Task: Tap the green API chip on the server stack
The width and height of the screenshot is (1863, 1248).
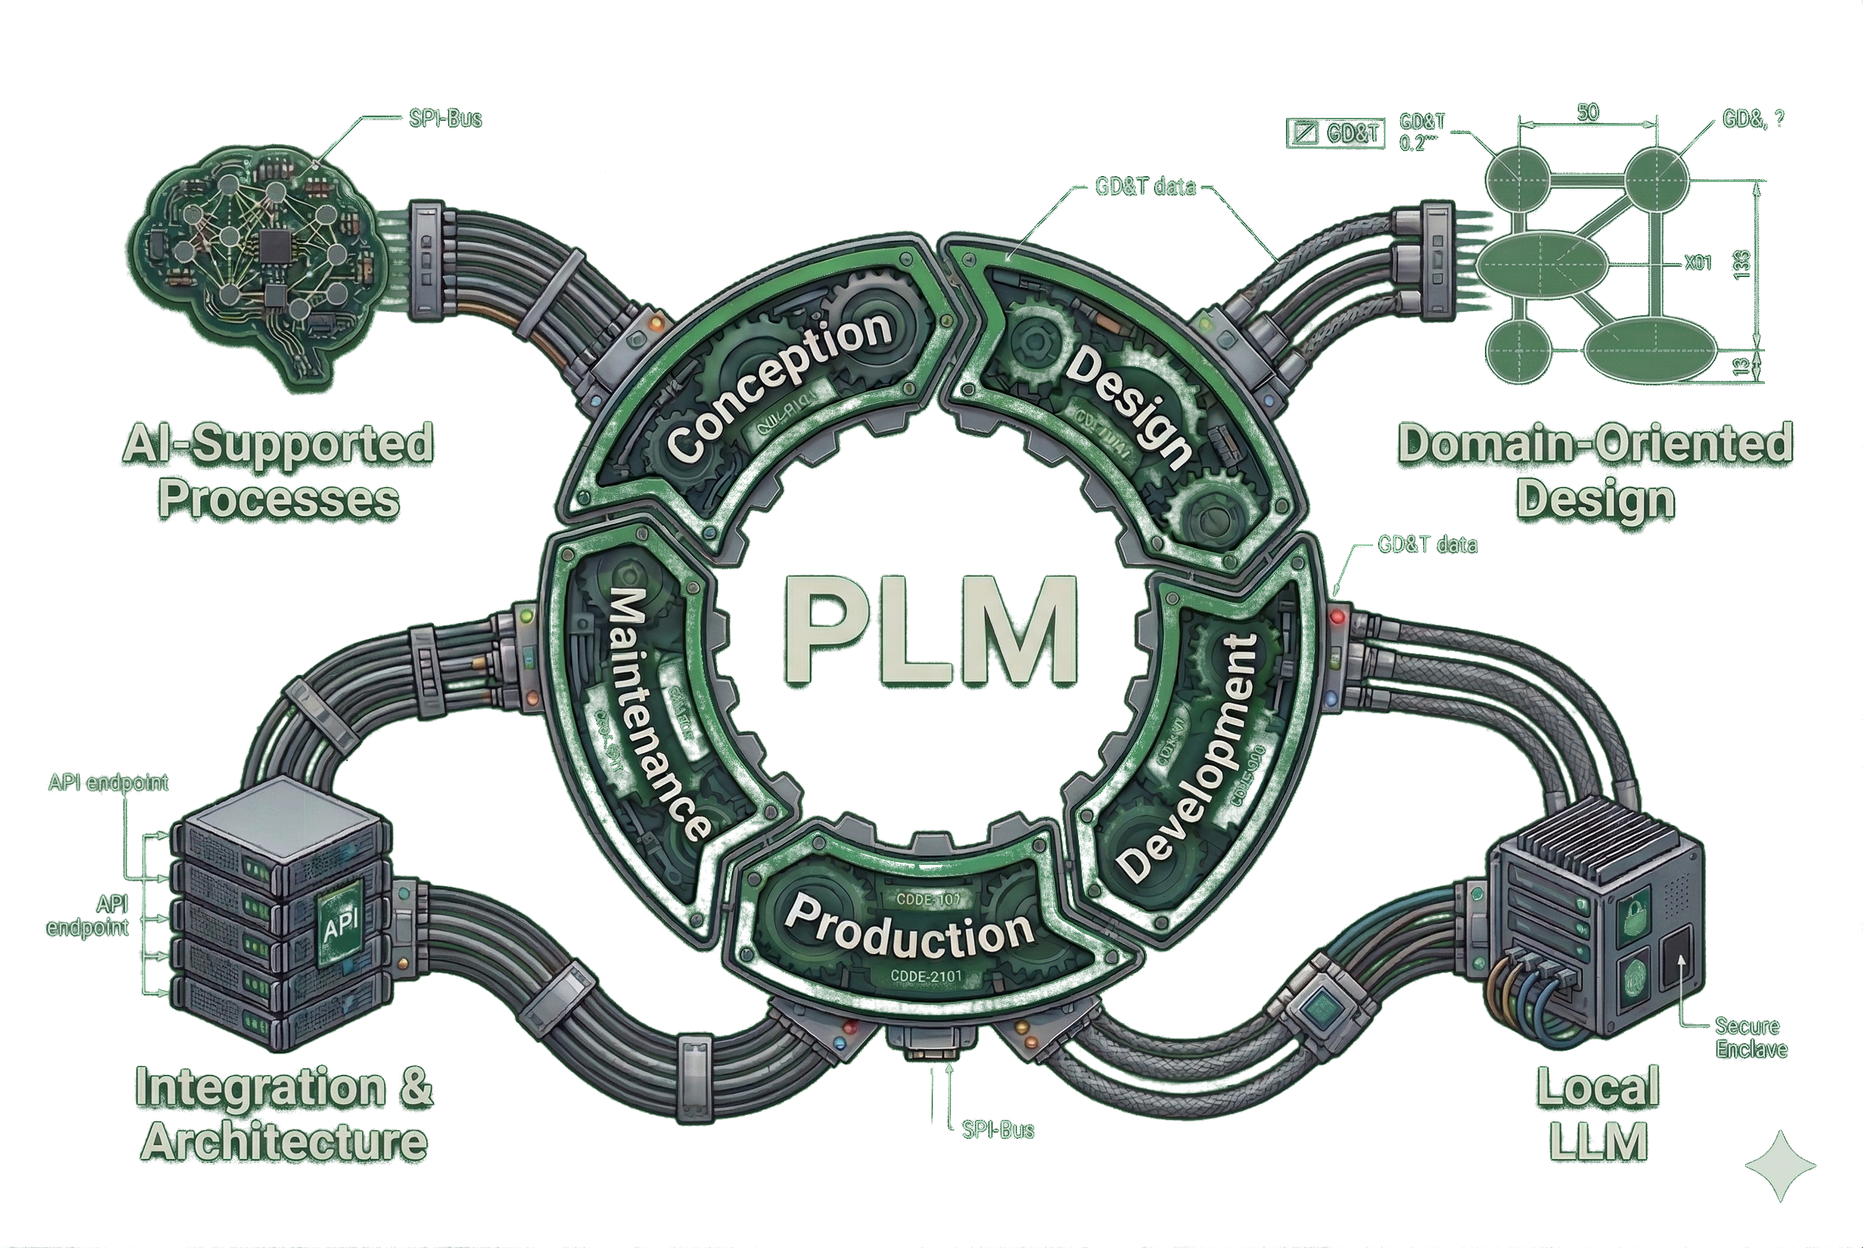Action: (x=340, y=925)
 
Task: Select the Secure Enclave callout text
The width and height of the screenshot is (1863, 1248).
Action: (x=1751, y=1037)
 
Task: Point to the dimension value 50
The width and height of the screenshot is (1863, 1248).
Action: (x=1587, y=112)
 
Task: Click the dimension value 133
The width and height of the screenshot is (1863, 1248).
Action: (x=1741, y=264)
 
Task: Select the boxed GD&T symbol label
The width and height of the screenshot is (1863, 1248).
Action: (x=1337, y=133)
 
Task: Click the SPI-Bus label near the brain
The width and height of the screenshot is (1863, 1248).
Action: (x=445, y=119)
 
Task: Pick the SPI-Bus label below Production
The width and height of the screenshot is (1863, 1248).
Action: (x=997, y=1129)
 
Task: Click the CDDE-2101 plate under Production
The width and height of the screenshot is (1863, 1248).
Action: (x=926, y=976)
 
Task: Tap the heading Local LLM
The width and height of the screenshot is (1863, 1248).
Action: (x=1598, y=1114)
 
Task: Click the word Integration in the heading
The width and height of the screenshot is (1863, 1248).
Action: (x=260, y=1087)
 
